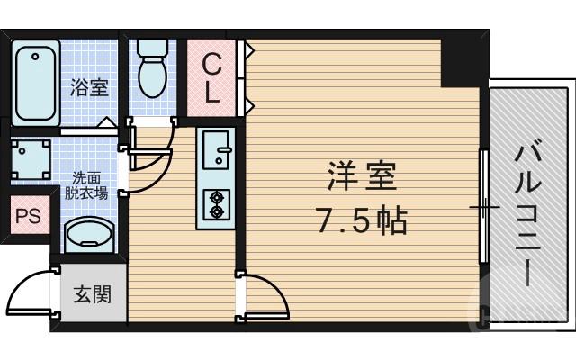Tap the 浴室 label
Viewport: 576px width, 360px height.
point(89,87)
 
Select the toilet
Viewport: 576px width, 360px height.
point(153,67)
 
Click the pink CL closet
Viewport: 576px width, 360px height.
point(212,77)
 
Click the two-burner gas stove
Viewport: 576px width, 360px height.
point(216,205)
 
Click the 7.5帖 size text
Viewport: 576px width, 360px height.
point(357,218)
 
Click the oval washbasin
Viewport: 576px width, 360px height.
point(88,235)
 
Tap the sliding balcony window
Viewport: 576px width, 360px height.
point(483,206)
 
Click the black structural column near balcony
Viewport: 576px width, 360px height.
point(464,59)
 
